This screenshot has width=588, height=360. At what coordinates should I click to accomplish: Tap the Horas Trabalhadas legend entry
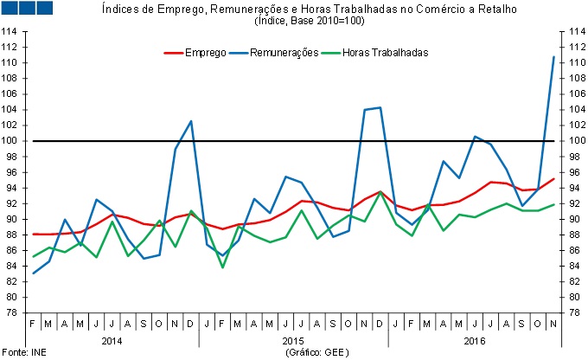385,53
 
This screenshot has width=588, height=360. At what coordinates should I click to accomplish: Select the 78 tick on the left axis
12,312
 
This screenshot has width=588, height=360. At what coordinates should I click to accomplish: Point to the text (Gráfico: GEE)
314,353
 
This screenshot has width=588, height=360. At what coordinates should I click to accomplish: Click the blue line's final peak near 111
553,57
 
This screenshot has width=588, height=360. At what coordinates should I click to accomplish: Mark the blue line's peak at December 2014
191,121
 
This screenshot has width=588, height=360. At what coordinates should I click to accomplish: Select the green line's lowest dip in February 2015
223,267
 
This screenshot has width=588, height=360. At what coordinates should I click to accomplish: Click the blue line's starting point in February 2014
34,273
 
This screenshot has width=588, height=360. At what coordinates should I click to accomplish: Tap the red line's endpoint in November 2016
553,178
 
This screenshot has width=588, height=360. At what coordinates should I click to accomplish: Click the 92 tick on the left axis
12,203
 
